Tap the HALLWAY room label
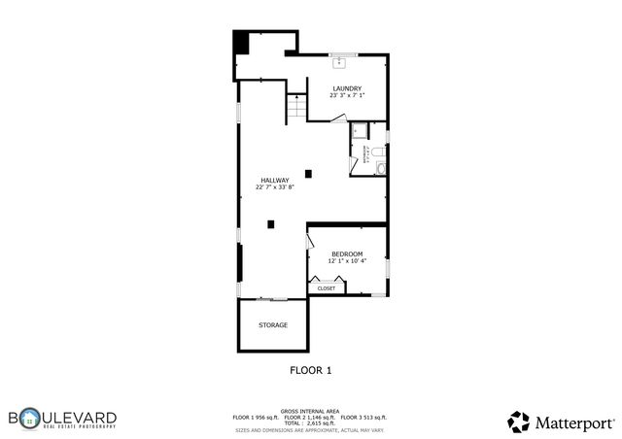274,180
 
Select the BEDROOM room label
347,253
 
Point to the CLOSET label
327,288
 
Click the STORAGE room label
272,324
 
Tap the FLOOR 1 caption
311,370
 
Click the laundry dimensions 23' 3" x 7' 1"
346,96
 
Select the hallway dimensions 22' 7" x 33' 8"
274,187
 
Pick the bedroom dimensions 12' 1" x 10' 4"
347,261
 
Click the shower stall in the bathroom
360,132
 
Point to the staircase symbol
295,109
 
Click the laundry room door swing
337,118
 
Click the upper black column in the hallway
309,174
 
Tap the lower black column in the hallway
271,224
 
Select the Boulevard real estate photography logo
62,419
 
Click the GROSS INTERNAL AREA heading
310,411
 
